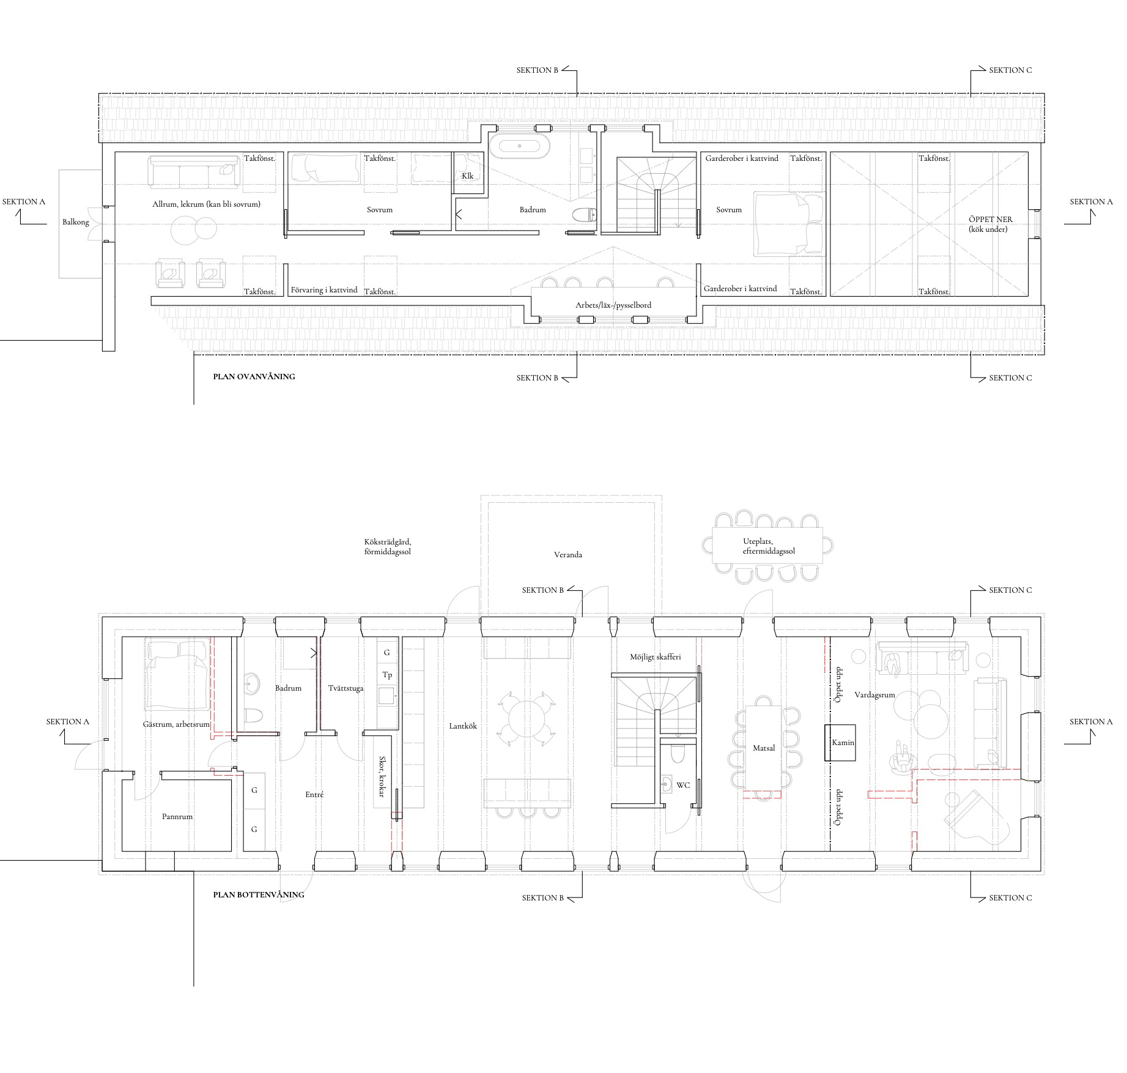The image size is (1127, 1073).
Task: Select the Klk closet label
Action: click(468, 176)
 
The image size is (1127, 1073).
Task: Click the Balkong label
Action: click(76, 222)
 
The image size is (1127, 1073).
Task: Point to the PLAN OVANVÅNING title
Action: click(254, 377)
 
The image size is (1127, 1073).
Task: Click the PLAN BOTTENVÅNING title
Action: click(259, 894)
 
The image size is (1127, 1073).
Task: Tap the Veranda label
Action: click(568, 555)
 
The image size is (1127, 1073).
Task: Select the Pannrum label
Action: click(177, 817)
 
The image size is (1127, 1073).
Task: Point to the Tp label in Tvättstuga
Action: click(387, 675)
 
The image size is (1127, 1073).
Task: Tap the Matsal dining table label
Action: click(764, 748)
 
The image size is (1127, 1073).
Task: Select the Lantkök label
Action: click(463, 726)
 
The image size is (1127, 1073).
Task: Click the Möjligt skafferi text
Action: click(656, 657)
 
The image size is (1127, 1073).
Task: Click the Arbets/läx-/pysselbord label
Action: click(613, 305)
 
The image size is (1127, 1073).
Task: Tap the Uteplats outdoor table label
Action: click(758, 541)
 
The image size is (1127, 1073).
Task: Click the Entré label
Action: click(314, 795)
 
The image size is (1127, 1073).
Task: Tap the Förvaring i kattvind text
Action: click(324, 290)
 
